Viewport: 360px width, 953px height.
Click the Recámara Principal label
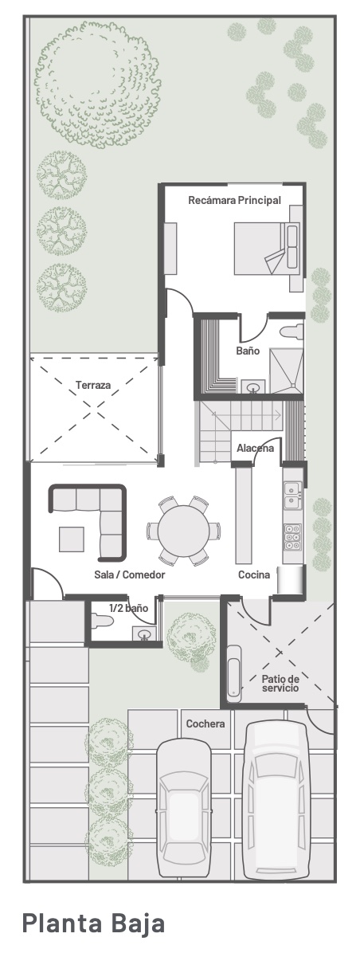pos(234,200)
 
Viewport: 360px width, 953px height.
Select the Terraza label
pos(93,385)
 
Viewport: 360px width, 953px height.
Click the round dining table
pos(184,531)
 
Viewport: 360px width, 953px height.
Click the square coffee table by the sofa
pos(72,539)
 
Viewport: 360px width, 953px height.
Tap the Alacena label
pos(255,449)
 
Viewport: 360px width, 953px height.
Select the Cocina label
pos(254,575)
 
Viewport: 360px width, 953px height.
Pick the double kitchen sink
pos(292,494)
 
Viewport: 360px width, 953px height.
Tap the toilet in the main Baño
pos(292,331)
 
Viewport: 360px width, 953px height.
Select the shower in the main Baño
pos(286,371)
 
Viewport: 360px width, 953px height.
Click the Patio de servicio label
pos(280,683)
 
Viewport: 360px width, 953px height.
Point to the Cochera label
pos(205,724)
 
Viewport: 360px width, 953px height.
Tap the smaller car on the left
pos(184,808)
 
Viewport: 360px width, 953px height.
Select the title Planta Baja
pos(93,923)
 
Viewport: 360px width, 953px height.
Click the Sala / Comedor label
pos(129,575)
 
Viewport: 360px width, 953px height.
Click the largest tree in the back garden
pos(98,83)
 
